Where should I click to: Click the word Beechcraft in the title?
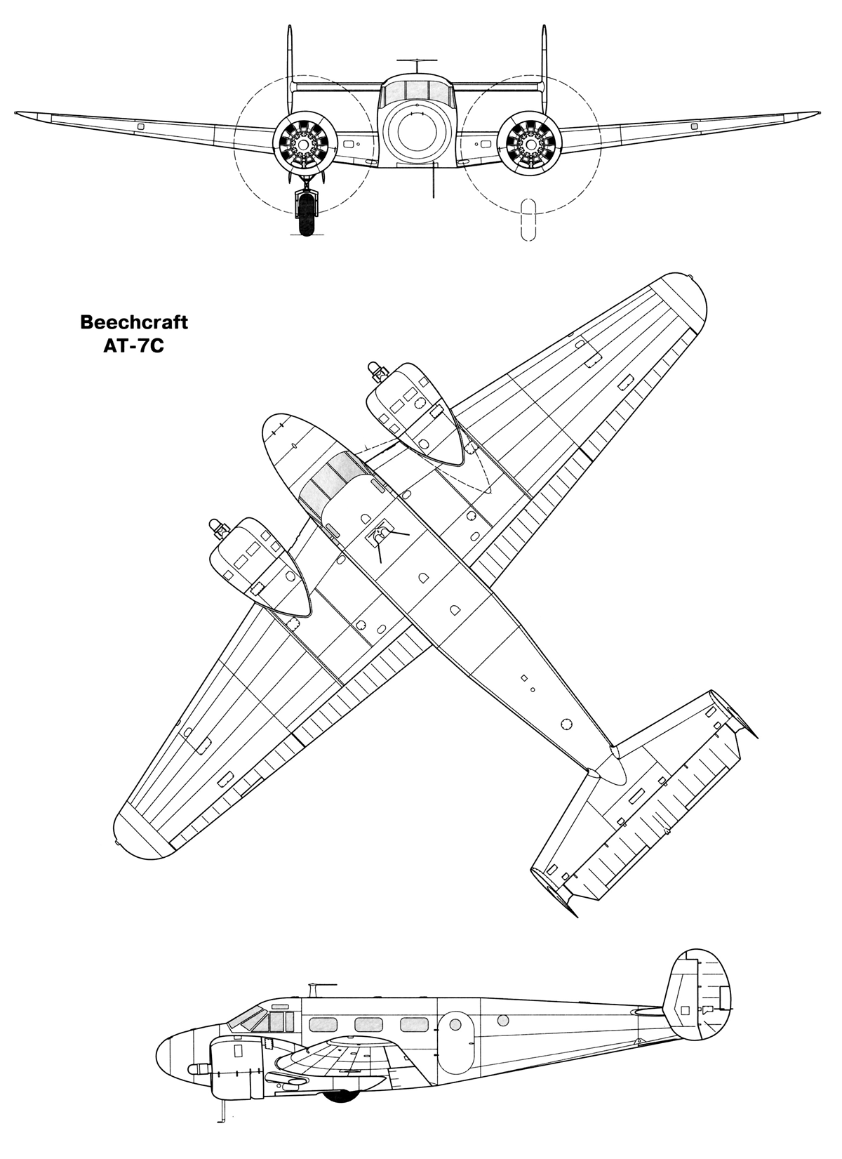pos(134,322)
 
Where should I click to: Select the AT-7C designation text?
pos(133,345)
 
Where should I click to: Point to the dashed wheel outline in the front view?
pos(528,220)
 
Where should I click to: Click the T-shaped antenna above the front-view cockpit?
pos(417,66)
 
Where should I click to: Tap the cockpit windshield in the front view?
pos(417,91)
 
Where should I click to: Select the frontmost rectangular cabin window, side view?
pos(323,1024)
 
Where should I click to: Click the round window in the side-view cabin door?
pos(455,1024)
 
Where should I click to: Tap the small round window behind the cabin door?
pos(502,1020)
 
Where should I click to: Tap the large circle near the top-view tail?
pos(567,724)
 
